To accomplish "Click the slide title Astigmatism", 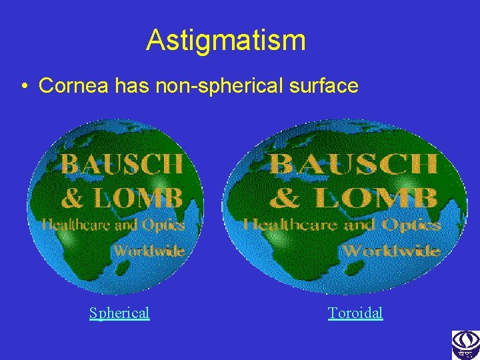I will pos(226,40).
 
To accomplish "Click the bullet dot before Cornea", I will pos(23,86).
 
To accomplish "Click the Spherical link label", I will pos(119,313).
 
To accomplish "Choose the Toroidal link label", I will pos(355,313).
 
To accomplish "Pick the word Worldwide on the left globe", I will pos(149,251).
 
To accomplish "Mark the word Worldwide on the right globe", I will pos(390,251).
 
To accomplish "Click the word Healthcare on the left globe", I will pos(73,225).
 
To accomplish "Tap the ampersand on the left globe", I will pos(73,198).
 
